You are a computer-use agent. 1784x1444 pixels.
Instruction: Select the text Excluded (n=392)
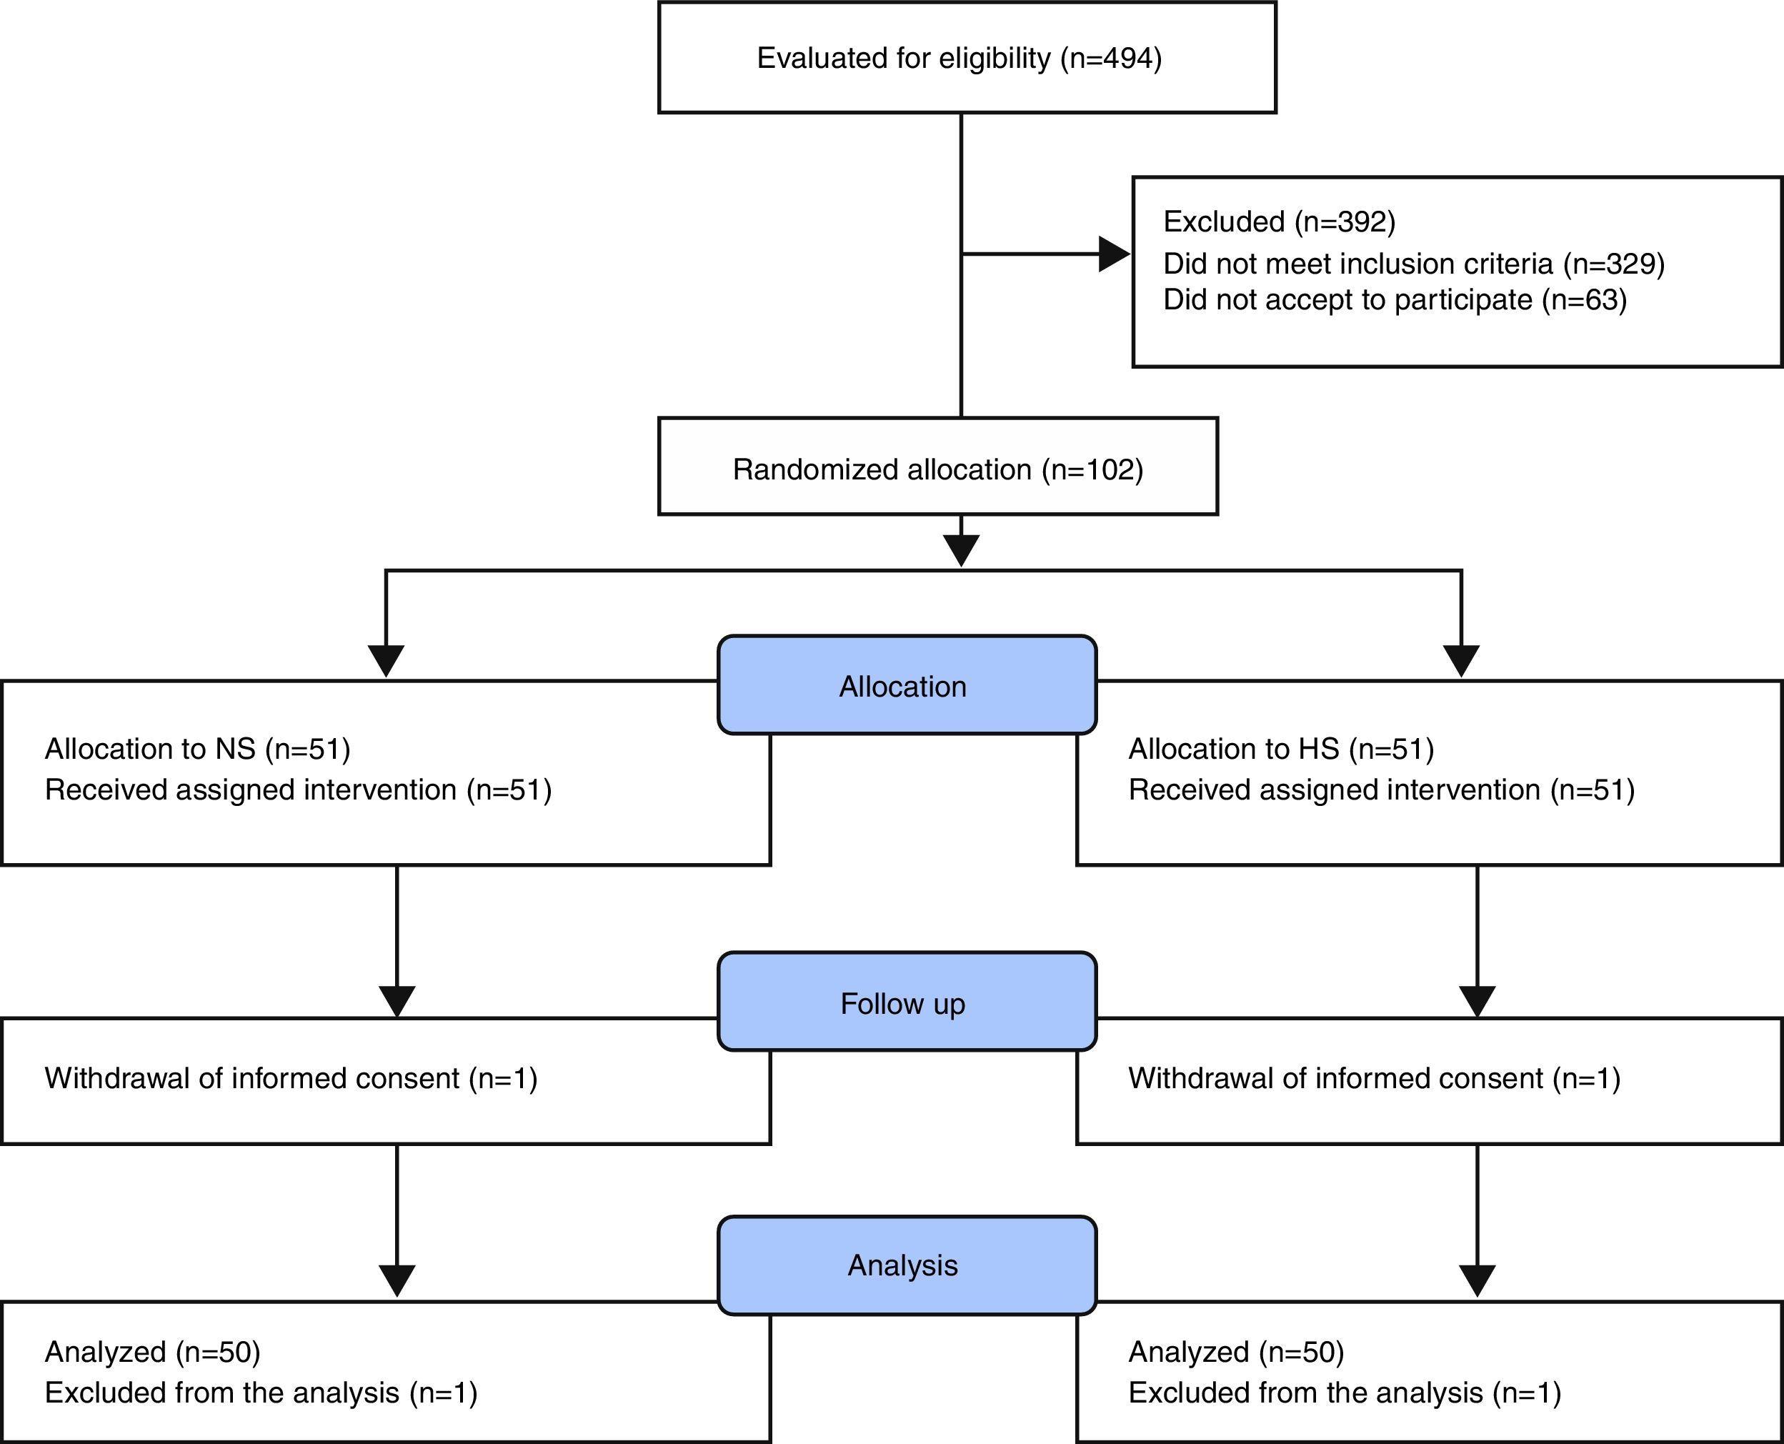click(x=1279, y=221)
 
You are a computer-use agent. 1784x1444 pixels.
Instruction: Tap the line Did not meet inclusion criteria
click(x=1413, y=264)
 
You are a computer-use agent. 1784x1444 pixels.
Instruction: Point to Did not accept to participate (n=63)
click(x=1394, y=299)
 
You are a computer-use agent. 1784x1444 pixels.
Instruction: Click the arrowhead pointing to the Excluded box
click(x=1114, y=254)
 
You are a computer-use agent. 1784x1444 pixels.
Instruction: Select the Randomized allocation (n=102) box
click(x=937, y=467)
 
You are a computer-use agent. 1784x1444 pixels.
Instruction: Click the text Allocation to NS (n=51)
click(x=197, y=749)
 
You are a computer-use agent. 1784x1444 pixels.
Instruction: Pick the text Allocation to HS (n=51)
click(x=1281, y=749)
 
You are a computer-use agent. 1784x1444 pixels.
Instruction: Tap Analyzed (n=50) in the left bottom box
click(x=152, y=1352)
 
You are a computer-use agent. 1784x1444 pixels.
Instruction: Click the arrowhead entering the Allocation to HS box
click(x=1461, y=660)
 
